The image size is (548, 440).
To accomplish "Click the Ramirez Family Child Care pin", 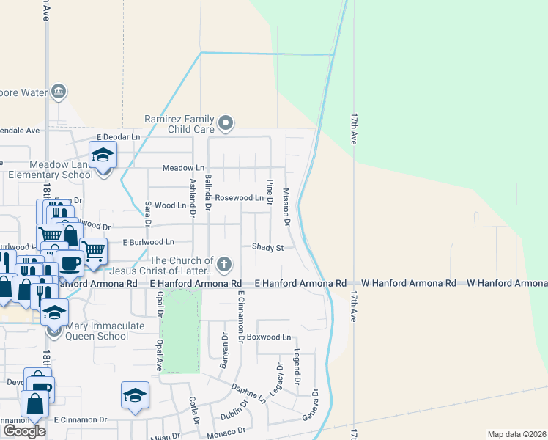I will (226, 123).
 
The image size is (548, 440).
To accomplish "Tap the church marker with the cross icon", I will (225, 264).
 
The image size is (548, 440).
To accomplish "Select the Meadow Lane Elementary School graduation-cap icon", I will (103, 156).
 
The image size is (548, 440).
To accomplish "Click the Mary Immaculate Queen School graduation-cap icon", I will (53, 312).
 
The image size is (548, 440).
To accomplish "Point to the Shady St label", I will (267, 248).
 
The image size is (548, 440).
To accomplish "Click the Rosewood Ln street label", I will (239, 198).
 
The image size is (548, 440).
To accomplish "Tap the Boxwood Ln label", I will (269, 337).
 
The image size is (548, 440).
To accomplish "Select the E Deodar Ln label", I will (118, 137).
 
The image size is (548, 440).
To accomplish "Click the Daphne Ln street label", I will (248, 393).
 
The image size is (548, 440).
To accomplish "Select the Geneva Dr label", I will (314, 405).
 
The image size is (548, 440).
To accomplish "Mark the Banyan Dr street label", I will (224, 351).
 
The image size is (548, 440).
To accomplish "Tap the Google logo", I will (24, 431).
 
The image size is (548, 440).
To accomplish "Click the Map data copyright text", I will (516, 434).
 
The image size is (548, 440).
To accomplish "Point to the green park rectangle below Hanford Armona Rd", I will (180, 330).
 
